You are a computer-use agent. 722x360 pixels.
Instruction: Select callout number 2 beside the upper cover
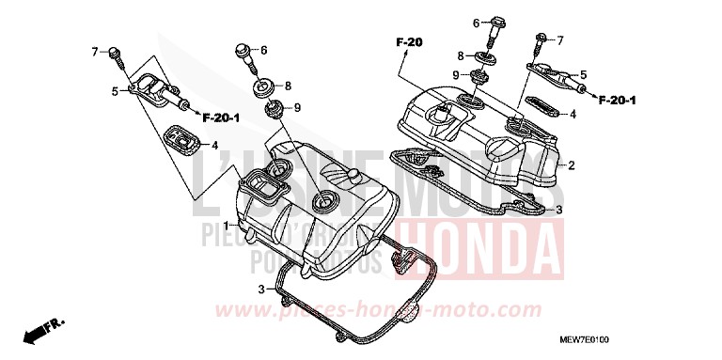571,164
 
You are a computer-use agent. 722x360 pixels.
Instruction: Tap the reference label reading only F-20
409,42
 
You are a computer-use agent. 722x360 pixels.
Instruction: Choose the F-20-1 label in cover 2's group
617,100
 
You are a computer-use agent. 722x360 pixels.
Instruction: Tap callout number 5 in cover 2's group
583,73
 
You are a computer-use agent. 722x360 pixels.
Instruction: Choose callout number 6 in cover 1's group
264,50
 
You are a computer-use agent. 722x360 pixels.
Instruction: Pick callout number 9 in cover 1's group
296,108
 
